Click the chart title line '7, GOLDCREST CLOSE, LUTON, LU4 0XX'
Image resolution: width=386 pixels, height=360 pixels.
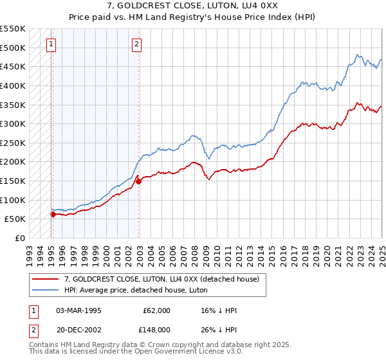(193, 5)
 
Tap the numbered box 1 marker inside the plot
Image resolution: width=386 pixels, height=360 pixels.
(51, 44)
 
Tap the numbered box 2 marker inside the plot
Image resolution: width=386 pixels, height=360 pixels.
(137, 44)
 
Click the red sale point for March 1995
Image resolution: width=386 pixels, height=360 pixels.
(53, 214)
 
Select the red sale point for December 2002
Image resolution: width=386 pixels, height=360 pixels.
(139, 181)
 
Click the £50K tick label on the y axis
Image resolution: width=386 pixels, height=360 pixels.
(15, 219)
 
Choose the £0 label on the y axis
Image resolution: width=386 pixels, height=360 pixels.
(20, 238)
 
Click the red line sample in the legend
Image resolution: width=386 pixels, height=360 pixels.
(45, 279)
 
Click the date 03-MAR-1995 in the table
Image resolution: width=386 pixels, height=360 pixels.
(78, 310)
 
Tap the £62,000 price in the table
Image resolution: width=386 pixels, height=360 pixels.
(157, 310)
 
